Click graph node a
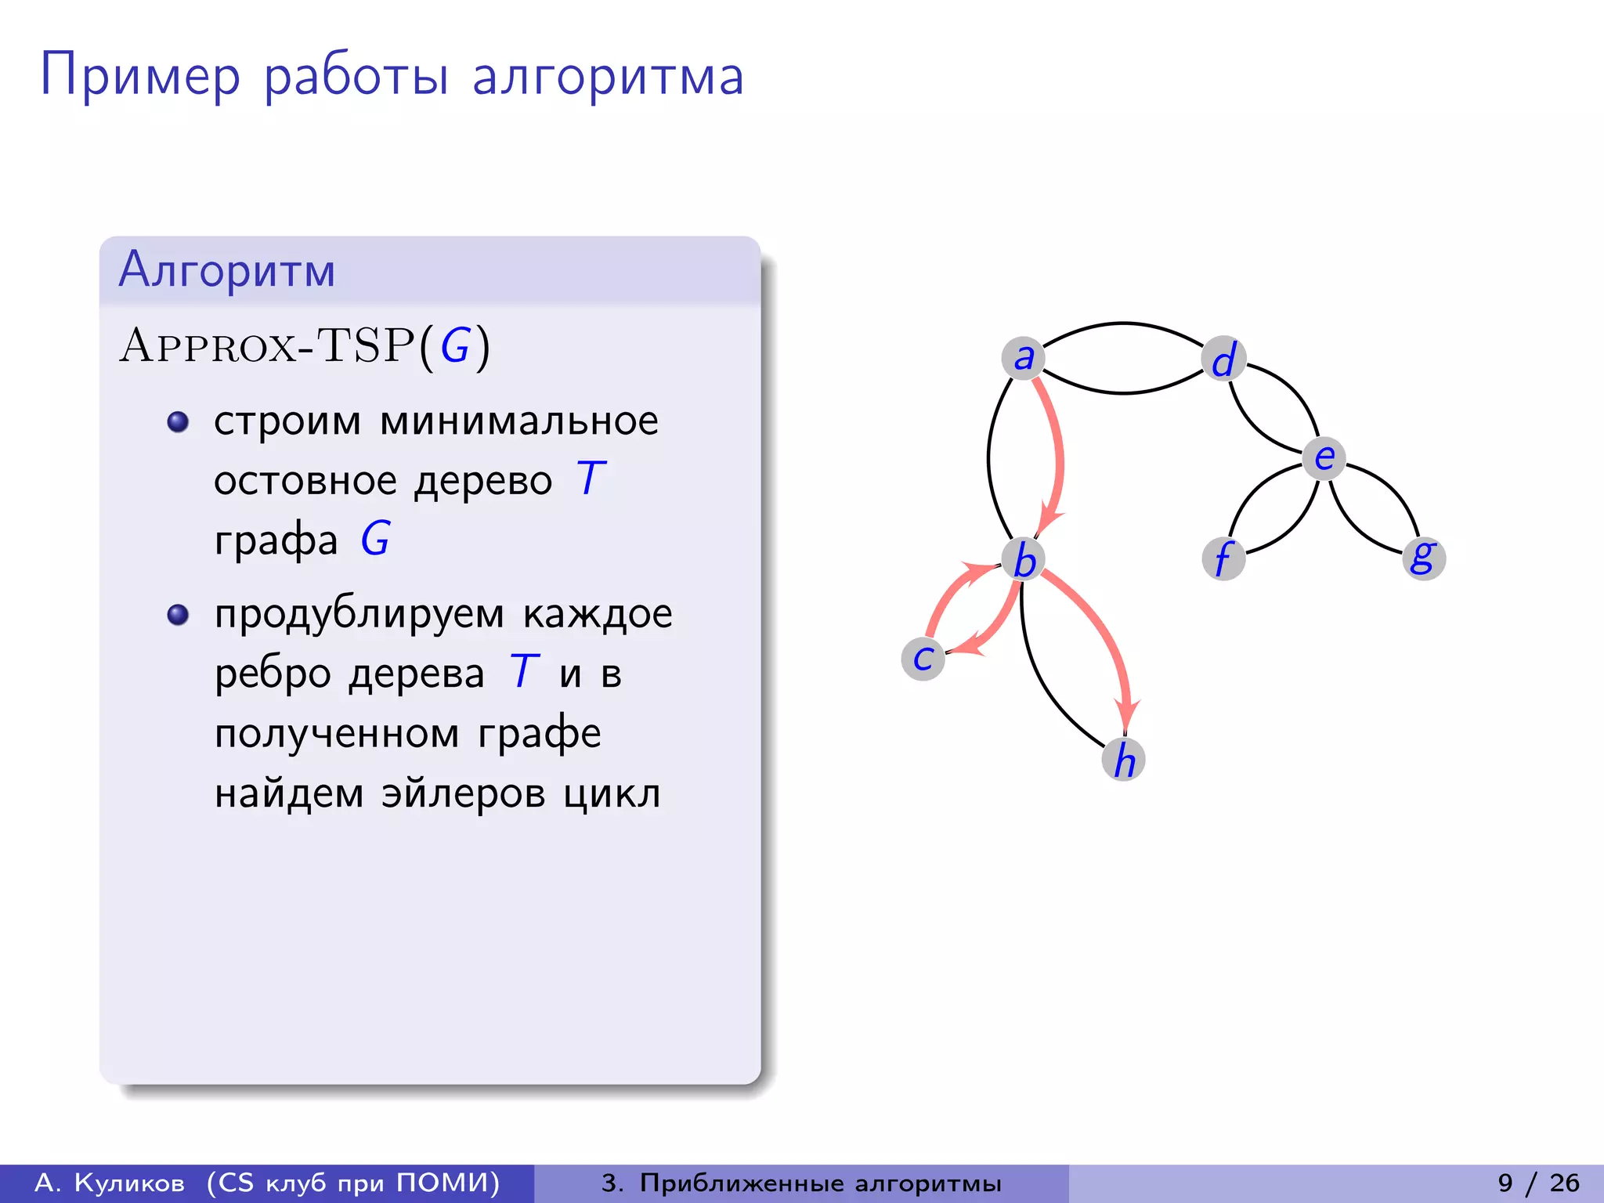(x=1023, y=358)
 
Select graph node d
(x=1223, y=359)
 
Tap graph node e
(x=1324, y=457)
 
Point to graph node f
(x=1223, y=558)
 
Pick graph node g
(x=1423, y=558)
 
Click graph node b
(x=1024, y=560)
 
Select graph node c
(x=923, y=658)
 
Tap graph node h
(x=1124, y=759)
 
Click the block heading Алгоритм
(x=227, y=269)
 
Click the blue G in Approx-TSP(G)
(x=455, y=345)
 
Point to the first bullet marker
(x=179, y=422)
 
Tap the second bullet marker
(x=179, y=614)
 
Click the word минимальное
(x=518, y=421)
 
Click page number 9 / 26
(x=1538, y=1183)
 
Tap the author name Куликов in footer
(x=129, y=1183)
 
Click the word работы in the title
(x=356, y=77)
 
